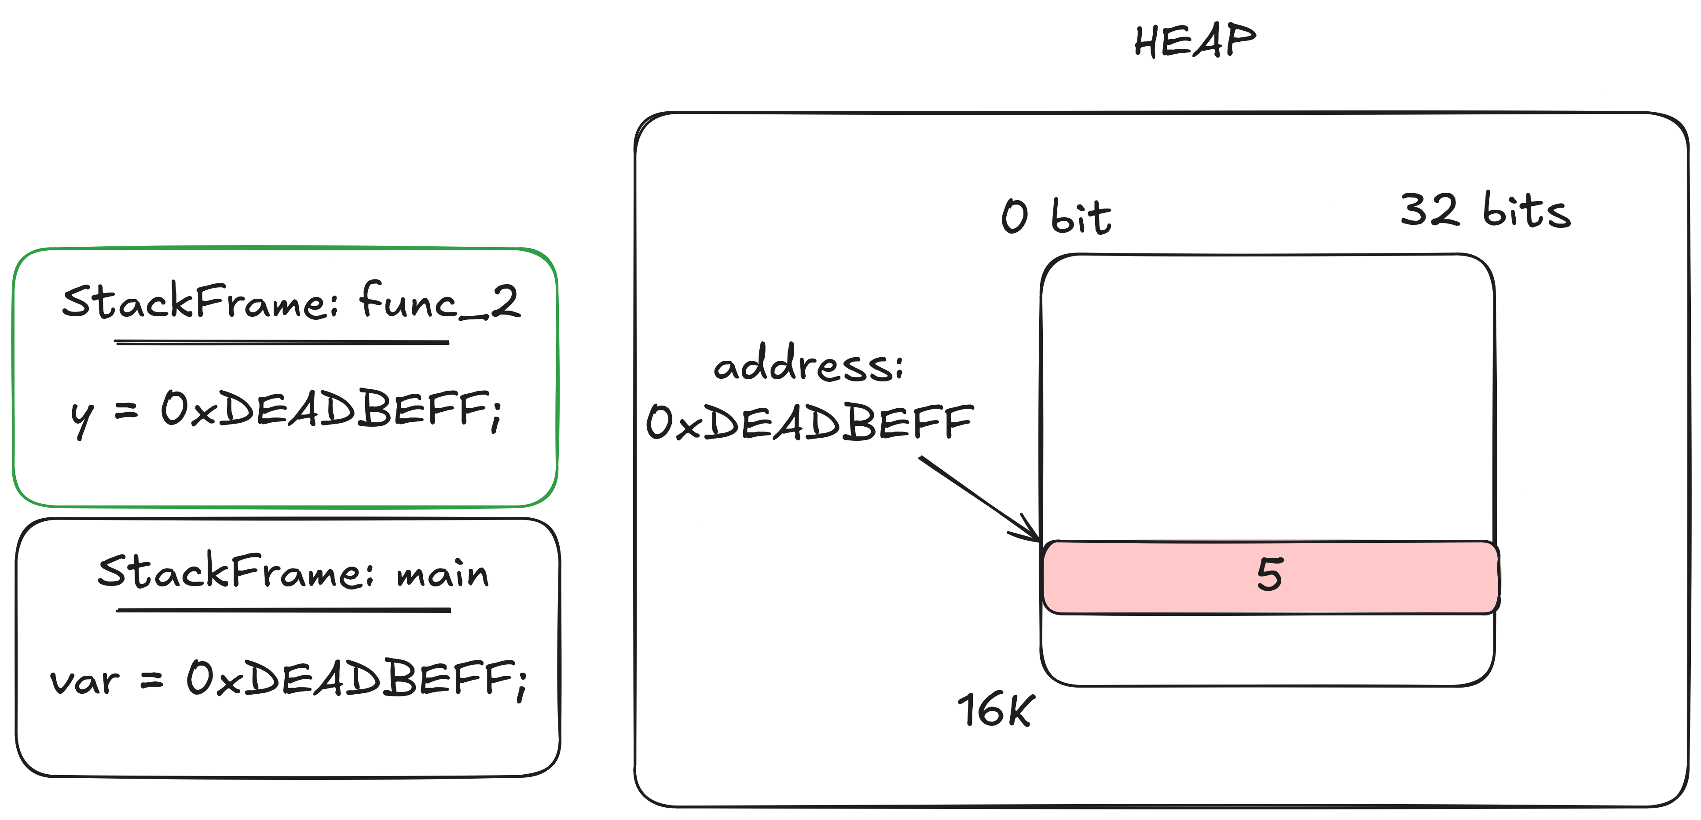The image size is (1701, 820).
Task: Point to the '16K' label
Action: [996, 710]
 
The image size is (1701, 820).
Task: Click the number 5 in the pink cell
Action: [1269, 575]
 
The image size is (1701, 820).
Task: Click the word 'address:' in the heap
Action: [808, 364]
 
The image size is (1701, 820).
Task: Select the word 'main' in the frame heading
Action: [443, 573]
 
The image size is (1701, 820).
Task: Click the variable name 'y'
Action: [82, 417]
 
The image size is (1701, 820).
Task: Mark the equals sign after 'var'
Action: [152, 680]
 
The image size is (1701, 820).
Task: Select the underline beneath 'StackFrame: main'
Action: [283, 611]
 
